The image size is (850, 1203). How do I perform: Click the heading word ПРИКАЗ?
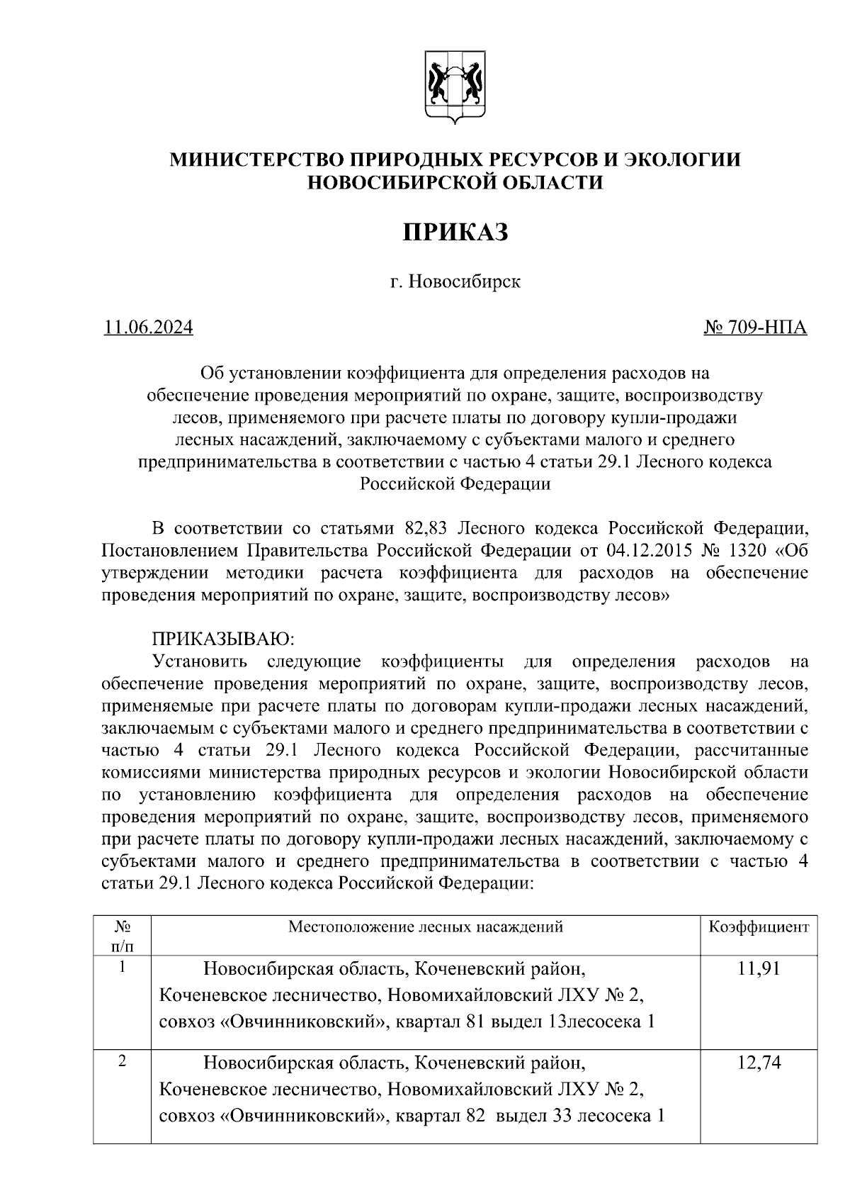click(x=456, y=232)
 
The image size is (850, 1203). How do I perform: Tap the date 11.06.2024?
click(x=148, y=328)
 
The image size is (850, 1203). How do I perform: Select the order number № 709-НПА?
click(x=755, y=328)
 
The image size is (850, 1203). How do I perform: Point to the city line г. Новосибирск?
click(x=455, y=282)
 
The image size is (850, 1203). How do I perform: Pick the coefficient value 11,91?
click(x=759, y=968)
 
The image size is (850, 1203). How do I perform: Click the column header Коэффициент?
click(x=759, y=927)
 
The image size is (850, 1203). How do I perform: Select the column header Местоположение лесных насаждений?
click(x=426, y=927)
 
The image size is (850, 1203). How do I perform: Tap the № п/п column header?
click(x=122, y=936)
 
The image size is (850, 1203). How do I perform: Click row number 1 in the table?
click(x=122, y=966)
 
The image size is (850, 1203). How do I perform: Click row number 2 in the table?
click(x=122, y=1061)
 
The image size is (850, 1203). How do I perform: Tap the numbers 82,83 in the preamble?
click(x=426, y=528)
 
